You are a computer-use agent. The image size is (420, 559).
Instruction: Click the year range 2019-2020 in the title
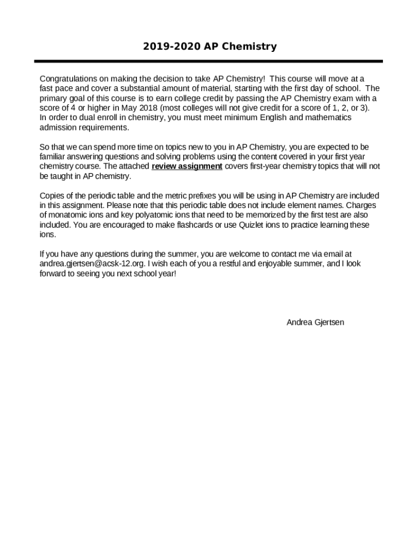[x=171, y=46]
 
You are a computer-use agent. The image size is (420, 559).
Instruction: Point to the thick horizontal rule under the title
[x=208, y=62]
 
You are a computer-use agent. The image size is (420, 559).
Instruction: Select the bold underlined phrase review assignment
[x=187, y=166]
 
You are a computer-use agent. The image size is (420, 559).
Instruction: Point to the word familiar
[x=53, y=157]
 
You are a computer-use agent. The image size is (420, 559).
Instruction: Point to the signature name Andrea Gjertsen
[x=315, y=322]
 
